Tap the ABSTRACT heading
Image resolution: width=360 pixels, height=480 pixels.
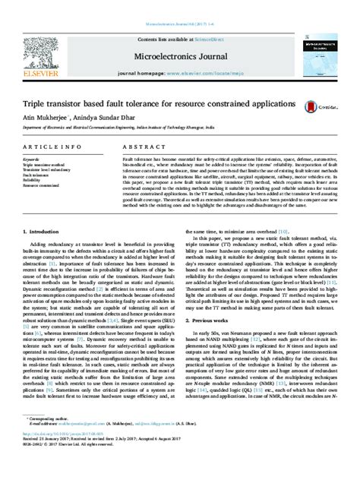tap(139, 145)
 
